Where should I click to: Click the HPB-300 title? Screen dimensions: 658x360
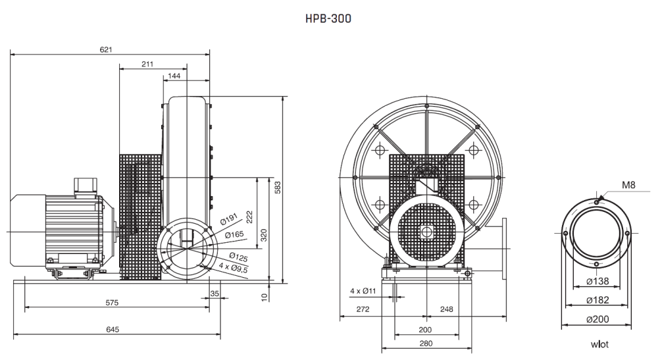click(x=328, y=18)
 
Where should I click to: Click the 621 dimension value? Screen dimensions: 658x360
click(x=106, y=49)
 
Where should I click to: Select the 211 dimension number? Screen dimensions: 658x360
click(x=147, y=64)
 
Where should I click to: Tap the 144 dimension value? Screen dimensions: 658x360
click(x=174, y=76)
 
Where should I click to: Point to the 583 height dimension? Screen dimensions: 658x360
click(x=278, y=187)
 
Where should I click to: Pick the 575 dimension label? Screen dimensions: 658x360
click(x=112, y=303)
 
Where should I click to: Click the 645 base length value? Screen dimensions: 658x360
click(x=113, y=329)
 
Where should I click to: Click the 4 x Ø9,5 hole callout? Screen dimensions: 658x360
click(x=234, y=267)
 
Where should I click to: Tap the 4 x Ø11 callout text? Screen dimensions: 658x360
click(x=363, y=291)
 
